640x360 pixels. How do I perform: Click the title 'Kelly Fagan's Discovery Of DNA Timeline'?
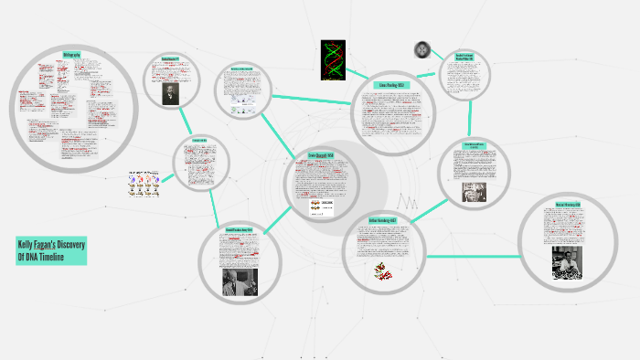click(52, 250)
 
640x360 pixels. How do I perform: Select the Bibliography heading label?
click(72, 55)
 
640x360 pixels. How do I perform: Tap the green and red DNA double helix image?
click(335, 60)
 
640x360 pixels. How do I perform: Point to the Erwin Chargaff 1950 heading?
click(321, 156)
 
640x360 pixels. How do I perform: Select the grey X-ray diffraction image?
click(422, 49)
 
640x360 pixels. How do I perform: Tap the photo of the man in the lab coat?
click(240, 281)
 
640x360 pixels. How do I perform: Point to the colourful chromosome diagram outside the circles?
click(145, 185)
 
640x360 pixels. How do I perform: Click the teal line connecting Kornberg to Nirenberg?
click(471, 255)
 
